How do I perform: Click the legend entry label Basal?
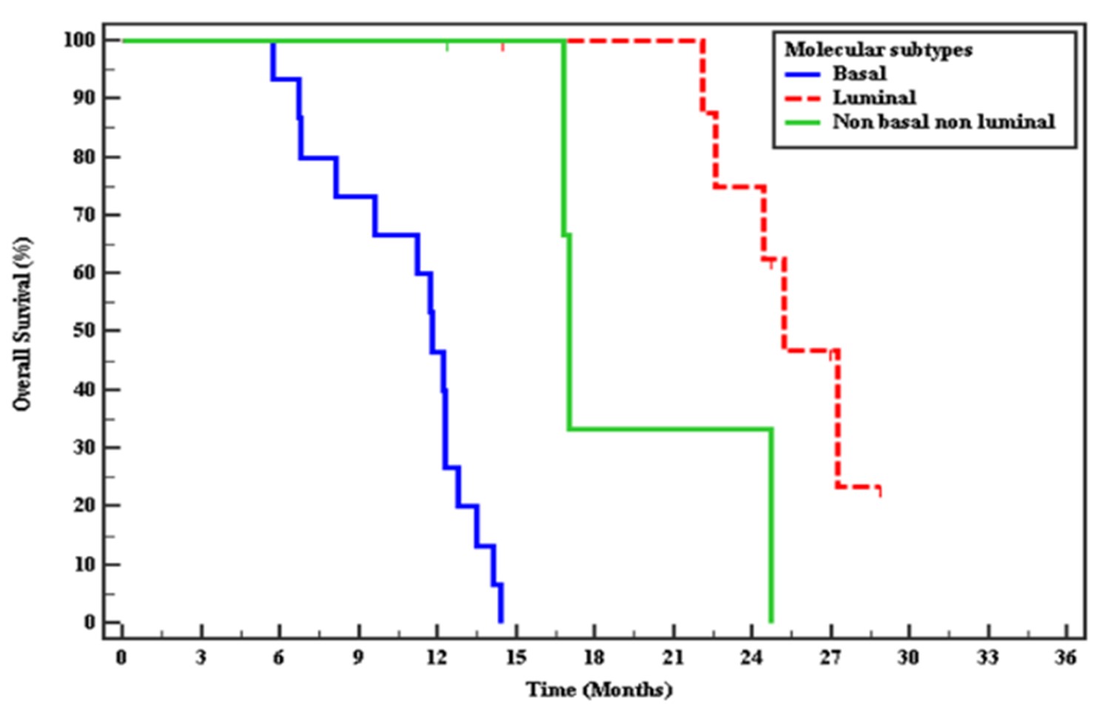(x=859, y=73)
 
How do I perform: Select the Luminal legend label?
(x=873, y=98)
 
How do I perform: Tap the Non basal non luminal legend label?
(x=943, y=122)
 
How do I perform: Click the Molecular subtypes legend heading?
(x=878, y=50)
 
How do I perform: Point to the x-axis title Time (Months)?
(x=599, y=690)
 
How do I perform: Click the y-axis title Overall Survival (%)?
(x=22, y=324)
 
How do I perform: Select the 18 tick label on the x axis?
(x=594, y=657)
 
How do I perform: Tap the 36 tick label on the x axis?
(x=1065, y=657)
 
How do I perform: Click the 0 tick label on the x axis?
(x=121, y=657)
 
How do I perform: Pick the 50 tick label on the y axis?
(x=84, y=331)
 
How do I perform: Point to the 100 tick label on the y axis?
(x=79, y=39)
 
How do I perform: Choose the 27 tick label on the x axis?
(x=830, y=657)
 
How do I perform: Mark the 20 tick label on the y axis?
(x=84, y=505)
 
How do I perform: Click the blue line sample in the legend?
(x=802, y=74)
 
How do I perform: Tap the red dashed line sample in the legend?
(x=802, y=98)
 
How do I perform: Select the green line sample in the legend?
(x=802, y=122)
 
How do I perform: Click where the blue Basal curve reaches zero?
(x=501, y=621)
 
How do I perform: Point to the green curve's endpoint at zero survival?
(x=771, y=621)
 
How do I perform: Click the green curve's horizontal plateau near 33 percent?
(x=670, y=429)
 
